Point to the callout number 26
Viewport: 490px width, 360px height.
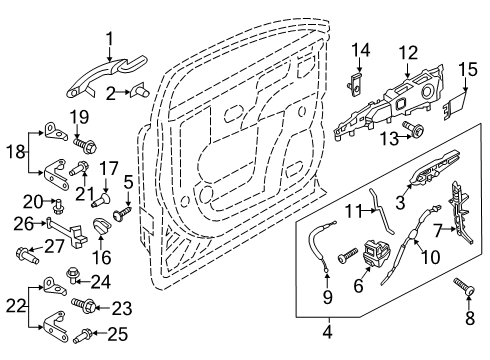(21, 221)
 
